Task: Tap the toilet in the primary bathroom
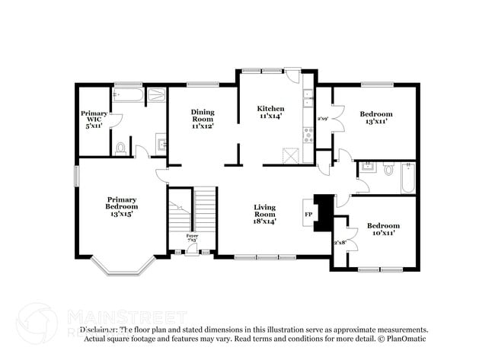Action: pos(120,148)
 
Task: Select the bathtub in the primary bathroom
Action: pos(126,95)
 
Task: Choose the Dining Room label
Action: pos(202,119)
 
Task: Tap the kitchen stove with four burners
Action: pos(308,135)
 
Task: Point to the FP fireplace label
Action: pos(308,215)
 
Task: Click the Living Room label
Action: pos(264,214)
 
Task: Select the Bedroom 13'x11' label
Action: pos(376,118)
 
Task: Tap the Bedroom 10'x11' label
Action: pos(383,229)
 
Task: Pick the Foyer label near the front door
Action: pos(192,237)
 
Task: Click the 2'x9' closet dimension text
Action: pos(323,119)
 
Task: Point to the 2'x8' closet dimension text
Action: pos(340,242)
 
